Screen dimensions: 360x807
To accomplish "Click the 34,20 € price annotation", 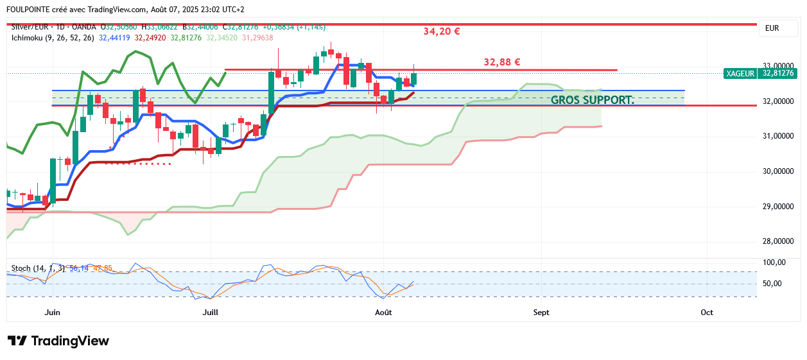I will click(442, 31).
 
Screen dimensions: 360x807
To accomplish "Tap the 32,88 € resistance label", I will click(501, 62).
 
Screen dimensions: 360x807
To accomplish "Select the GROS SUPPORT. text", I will click(592, 100).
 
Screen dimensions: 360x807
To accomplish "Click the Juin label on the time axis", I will click(53, 313).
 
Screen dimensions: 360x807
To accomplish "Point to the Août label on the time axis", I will click(383, 313).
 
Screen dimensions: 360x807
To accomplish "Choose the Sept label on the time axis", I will click(541, 313).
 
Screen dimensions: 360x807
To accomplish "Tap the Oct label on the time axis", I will click(707, 313).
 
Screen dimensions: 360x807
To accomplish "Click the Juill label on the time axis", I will click(210, 313).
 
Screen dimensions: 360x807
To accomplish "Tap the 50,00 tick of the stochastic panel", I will click(773, 284).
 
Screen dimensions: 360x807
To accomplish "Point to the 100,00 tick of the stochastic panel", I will click(774, 262).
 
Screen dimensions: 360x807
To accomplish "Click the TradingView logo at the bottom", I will click(58, 341).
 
